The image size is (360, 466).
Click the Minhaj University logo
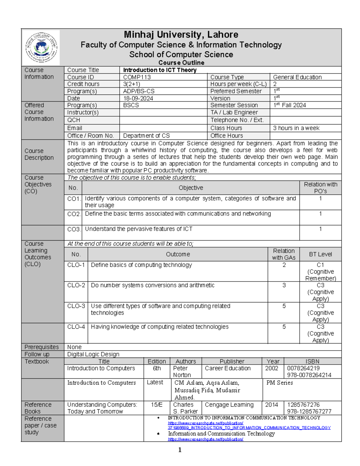click(41, 47)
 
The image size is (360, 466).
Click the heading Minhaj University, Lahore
click(181, 35)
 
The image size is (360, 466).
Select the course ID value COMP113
click(137, 77)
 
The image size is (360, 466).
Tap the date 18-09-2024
click(138, 98)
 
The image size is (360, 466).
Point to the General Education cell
click(297, 77)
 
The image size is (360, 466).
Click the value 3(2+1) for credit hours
click(131, 84)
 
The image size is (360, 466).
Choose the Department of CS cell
click(146, 136)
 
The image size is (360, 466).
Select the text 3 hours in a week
click(296, 128)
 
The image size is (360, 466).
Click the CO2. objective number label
click(73, 214)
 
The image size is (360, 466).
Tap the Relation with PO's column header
click(320, 188)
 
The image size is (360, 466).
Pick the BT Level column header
click(320, 254)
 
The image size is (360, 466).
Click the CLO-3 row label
click(76, 306)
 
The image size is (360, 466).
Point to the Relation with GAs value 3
click(284, 285)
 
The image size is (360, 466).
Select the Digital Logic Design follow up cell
click(93, 354)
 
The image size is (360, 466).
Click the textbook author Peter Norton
click(181, 371)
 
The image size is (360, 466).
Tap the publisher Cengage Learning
click(229, 405)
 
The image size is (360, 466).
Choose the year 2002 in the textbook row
click(271, 368)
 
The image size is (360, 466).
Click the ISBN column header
click(312, 361)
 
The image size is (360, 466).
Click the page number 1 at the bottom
click(180, 449)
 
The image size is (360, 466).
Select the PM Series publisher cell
click(280, 383)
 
